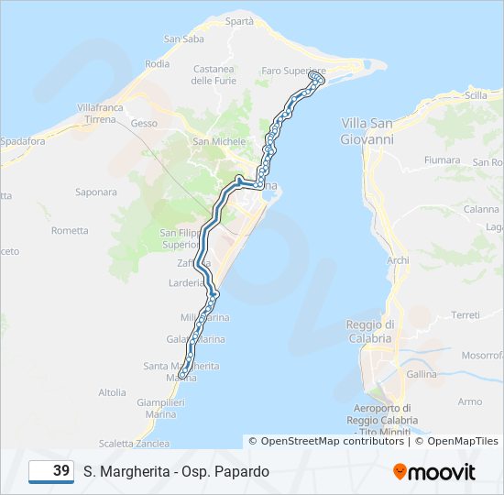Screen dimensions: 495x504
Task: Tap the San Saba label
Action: pos(183,38)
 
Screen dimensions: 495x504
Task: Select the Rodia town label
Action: pos(158,64)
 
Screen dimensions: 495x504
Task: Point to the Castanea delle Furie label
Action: pos(214,75)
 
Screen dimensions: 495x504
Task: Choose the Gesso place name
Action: pos(144,123)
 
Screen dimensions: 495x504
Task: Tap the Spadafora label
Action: pos(23,141)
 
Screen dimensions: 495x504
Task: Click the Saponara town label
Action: pos(96,192)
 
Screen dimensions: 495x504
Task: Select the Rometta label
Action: pos(70,230)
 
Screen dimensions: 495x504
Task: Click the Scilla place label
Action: pos(477,95)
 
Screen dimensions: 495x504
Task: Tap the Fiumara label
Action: pos(442,159)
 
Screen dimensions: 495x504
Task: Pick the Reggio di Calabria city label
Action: pos(370,331)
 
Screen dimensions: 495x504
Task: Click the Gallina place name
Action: pos(422,374)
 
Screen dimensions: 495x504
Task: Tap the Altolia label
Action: pos(112,392)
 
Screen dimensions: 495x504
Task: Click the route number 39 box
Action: pos(51,471)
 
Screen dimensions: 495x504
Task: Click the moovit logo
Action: pos(434,472)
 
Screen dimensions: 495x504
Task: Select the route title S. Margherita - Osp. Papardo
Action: pos(176,472)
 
